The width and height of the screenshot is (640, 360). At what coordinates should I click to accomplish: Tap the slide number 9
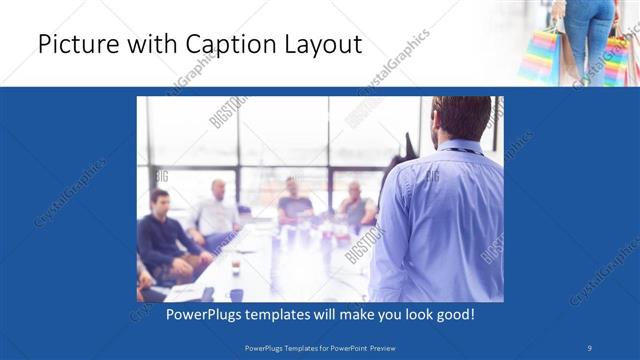click(x=590, y=348)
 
